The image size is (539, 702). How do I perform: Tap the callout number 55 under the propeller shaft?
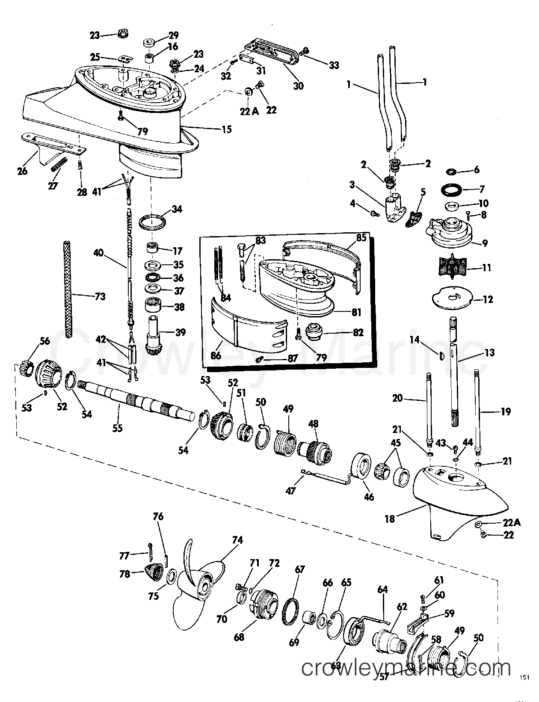pyautogui.click(x=117, y=427)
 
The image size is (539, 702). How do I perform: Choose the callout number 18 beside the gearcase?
pyautogui.click(x=389, y=518)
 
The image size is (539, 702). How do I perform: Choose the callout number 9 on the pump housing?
pyautogui.click(x=484, y=243)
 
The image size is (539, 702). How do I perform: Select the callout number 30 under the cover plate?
pyautogui.click(x=298, y=86)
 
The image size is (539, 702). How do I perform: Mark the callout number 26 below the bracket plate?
pyautogui.click(x=22, y=171)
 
